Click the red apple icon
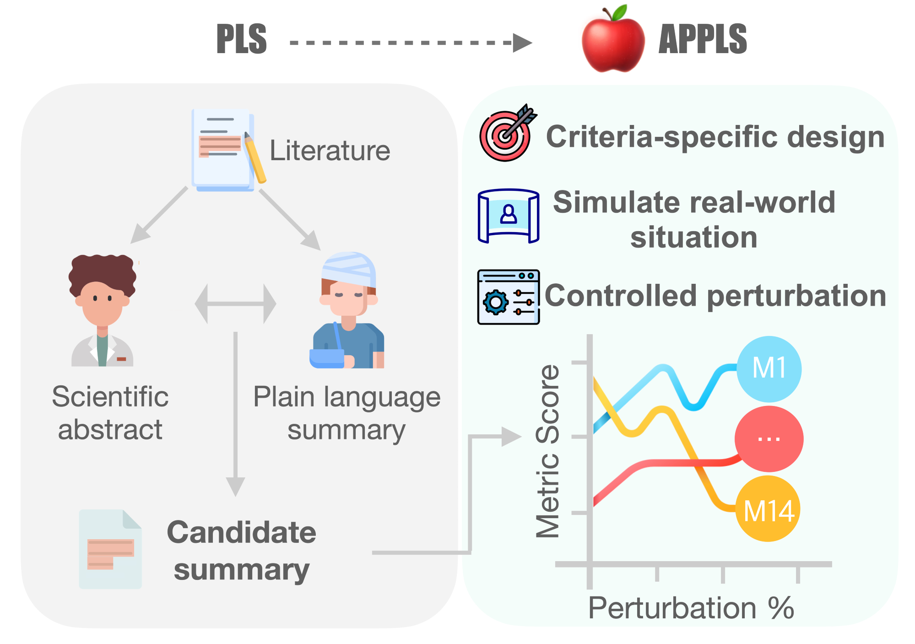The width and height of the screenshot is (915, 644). click(612, 41)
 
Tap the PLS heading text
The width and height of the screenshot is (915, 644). click(241, 39)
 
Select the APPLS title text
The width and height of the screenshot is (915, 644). click(702, 39)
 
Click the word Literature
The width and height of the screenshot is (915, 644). click(330, 151)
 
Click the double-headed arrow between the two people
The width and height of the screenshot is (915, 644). click(235, 303)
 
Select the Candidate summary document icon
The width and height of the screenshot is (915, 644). click(110, 549)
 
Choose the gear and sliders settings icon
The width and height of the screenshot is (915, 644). click(508, 297)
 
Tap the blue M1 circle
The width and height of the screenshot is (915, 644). click(769, 368)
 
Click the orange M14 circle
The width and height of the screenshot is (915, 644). click(768, 509)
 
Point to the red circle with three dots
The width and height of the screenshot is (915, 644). click(769, 439)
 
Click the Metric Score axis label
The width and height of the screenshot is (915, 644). click(548, 451)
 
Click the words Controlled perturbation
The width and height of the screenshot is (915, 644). click(715, 296)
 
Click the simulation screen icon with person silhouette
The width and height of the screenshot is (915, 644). click(508, 216)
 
